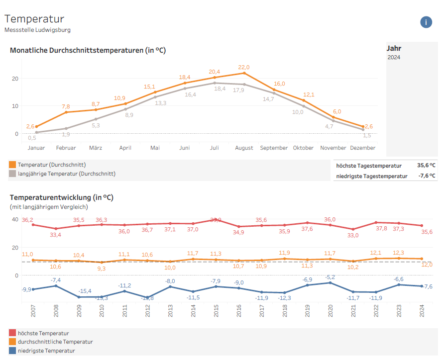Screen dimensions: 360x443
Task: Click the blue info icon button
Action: (426, 22)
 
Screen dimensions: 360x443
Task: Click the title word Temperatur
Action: (34, 19)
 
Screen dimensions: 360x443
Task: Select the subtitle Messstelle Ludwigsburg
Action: (37, 30)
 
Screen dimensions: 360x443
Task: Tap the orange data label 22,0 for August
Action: (244, 67)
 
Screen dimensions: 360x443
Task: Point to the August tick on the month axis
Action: (244, 148)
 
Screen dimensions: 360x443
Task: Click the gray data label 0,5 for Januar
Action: (32, 138)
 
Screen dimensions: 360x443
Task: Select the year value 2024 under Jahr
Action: (394, 57)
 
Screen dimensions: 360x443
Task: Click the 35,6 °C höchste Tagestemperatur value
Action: (426, 166)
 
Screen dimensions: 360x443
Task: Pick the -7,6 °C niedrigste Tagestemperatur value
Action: (426, 176)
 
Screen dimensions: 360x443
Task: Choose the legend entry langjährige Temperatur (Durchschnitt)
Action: (66, 174)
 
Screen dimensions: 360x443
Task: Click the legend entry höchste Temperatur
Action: (43, 333)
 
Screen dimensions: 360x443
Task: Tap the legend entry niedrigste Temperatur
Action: (46, 351)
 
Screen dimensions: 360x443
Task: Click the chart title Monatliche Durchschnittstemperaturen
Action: (88, 50)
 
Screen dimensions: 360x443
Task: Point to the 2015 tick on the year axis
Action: (216, 311)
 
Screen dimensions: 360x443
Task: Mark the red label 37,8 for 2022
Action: (381, 229)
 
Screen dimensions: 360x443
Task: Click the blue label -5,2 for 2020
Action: (330, 277)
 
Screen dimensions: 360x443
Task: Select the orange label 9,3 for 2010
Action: (102, 269)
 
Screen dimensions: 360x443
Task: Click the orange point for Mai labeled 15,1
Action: (155, 92)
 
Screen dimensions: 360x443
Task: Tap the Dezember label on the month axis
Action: (363, 148)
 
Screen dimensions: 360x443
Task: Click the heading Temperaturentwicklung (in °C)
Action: (62, 197)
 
